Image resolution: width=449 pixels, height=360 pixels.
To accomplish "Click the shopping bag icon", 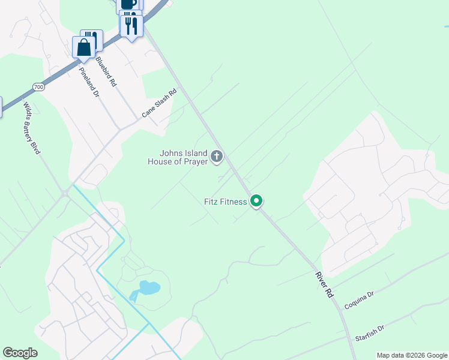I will click(x=83, y=47).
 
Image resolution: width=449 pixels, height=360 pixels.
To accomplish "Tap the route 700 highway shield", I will click(x=39, y=87).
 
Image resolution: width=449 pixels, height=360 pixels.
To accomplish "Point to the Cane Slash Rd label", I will click(x=159, y=103).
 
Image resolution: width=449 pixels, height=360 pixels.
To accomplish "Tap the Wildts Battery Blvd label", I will click(x=32, y=128).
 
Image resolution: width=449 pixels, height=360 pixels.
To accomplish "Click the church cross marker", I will click(x=217, y=157).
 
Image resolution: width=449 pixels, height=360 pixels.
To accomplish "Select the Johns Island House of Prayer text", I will click(x=178, y=157).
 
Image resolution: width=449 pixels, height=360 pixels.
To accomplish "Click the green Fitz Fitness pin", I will click(x=256, y=201).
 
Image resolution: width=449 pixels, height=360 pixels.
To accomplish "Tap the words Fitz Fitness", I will click(x=225, y=202).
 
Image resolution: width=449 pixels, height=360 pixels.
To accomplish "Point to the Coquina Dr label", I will click(x=359, y=301).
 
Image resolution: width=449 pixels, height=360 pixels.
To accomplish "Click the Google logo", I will click(x=20, y=353).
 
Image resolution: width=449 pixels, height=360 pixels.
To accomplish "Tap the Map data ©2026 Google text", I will click(x=412, y=355).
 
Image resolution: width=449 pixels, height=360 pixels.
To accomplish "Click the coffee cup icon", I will click(x=127, y=4).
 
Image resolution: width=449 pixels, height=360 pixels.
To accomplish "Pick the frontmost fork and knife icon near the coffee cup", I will click(x=131, y=25).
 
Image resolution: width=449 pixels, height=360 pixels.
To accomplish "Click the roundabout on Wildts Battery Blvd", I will click(x=65, y=193).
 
